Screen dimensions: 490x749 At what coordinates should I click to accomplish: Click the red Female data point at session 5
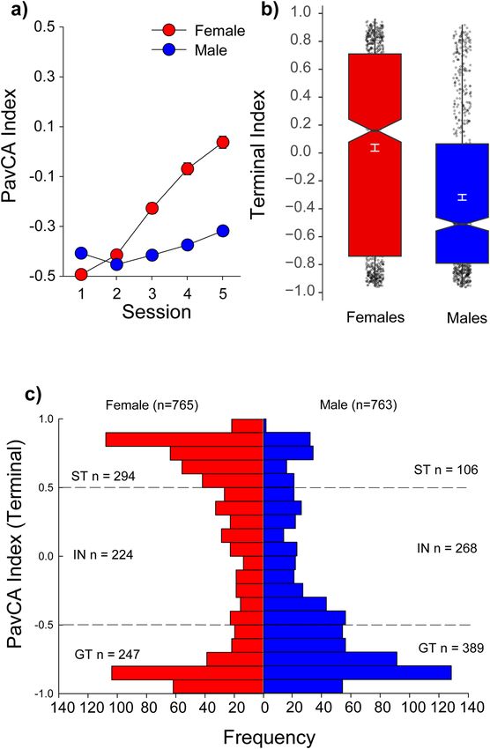click(x=222, y=142)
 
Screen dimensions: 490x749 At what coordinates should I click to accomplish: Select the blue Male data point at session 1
click(x=81, y=253)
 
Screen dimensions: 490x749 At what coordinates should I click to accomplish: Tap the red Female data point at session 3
click(x=152, y=208)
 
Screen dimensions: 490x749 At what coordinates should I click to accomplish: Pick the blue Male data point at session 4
click(x=187, y=245)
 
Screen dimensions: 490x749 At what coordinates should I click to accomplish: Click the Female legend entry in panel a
click(x=198, y=31)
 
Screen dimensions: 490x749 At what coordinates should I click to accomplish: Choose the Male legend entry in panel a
click(x=189, y=49)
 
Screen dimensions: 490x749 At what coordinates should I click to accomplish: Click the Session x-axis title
click(x=156, y=312)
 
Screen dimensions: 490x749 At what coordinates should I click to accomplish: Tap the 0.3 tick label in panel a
click(x=43, y=77)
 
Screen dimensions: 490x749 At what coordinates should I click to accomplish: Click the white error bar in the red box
click(x=375, y=147)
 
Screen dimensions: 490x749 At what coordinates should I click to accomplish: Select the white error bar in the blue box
click(x=462, y=197)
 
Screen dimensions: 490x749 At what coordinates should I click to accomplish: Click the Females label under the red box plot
click(x=375, y=317)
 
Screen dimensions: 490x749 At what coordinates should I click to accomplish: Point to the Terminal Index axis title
click(x=258, y=153)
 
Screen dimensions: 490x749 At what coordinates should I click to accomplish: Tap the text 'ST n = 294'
click(x=103, y=476)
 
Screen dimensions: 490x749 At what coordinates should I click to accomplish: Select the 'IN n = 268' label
click(x=447, y=548)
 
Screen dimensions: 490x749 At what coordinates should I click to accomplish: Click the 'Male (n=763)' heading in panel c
click(x=358, y=405)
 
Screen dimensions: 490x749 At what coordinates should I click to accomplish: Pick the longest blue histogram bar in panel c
click(x=358, y=672)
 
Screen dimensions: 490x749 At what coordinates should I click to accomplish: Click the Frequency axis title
click(x=269, y=737)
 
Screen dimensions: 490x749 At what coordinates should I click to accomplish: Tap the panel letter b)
click(x=269, y=11)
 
